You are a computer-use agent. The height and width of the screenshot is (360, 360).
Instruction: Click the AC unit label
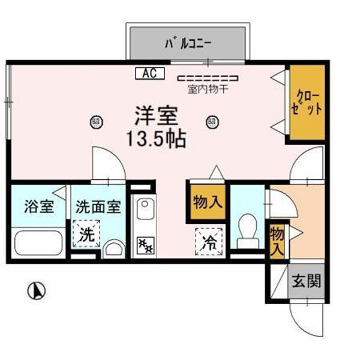pos(150,73)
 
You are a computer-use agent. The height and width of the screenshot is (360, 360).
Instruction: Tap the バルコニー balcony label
pos(188,43)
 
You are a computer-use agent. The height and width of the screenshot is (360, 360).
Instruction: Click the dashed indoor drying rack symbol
pos(208,78)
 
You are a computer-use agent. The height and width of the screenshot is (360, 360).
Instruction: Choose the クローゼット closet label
pos(308,103)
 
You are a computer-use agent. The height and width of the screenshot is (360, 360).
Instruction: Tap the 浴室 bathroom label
pos(39,208)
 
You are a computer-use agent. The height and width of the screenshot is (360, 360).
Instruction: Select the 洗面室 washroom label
pos(98,208)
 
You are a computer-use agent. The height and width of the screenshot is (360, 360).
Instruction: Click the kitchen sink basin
pos(144,211)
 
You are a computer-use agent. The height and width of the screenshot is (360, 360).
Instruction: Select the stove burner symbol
pos(144,244)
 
